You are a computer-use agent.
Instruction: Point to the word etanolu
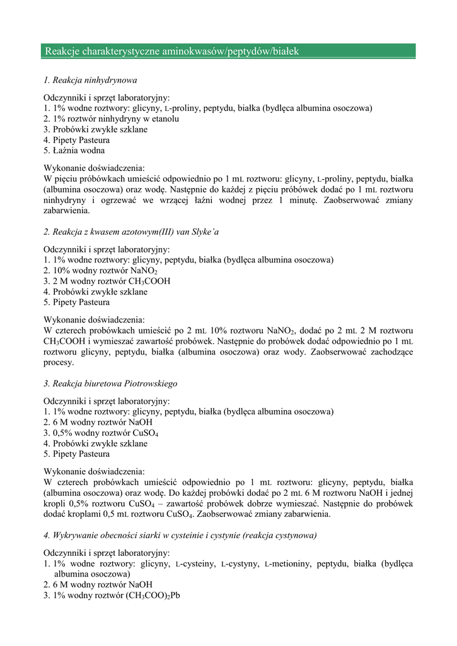165,119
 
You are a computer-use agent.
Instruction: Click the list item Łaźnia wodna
74,151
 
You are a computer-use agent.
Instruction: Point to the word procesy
59,363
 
